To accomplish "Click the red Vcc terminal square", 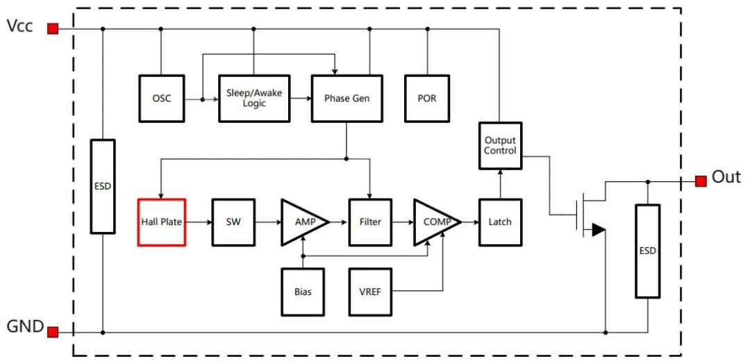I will tap(53, 28).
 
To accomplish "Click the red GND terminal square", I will tap(53, 332).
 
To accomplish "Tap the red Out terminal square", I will tap(700, 180).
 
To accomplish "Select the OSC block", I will tap(161, 99).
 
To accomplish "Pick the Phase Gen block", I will tap(347, 99).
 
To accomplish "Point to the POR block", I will tap(427, 99).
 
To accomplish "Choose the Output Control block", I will tap(500, 145).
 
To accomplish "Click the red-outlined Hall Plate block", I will tap(161, 222).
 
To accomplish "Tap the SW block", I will tap(233, 222).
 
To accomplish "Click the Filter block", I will tap(370, 222).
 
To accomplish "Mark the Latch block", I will tap(500, 222).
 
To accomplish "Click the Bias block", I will tap(303, 292).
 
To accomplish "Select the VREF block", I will tap(370, 292).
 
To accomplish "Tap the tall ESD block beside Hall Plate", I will tap(103, 186).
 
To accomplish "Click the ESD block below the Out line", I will tap(647, 251).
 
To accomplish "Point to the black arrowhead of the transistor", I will tap(598, 230).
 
